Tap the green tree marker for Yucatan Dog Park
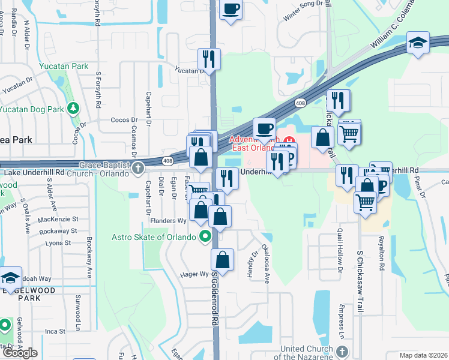point(73,109)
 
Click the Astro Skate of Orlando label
point(154,236)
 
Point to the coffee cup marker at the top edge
point(231,10)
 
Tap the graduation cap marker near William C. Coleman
point(418,43)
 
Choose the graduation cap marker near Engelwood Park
point(11,278)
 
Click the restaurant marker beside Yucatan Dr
point(209,59)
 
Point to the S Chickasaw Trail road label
point(361,281)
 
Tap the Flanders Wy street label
point(169,221)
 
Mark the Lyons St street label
point(58,243)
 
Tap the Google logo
point(20,353)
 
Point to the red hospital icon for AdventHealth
point(290,142)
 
